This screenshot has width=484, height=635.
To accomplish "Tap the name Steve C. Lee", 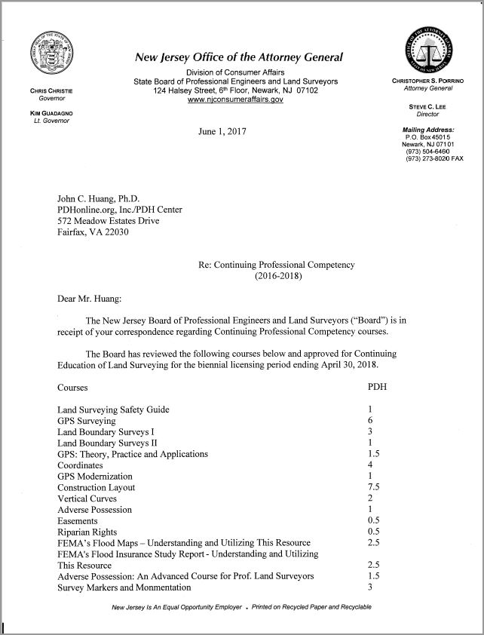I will tap(427, 107).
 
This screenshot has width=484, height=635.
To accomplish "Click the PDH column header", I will tap(376, 388).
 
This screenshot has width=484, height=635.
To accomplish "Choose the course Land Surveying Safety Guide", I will tap(113, 410).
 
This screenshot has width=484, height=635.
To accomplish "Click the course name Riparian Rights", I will tap(88, 532).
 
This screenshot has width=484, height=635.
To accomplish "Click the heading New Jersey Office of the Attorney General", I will tap(238, 57).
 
